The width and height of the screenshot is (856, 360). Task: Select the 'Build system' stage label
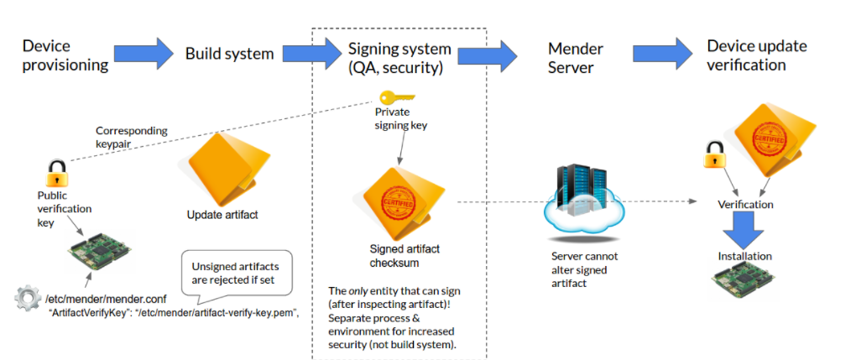pyautogui.click(x=229, y=54)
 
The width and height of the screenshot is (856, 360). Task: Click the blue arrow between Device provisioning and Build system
pyautogui.click(x=141, y=53)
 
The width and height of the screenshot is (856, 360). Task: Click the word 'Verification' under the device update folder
pyautogui.click(x=745, y=204)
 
